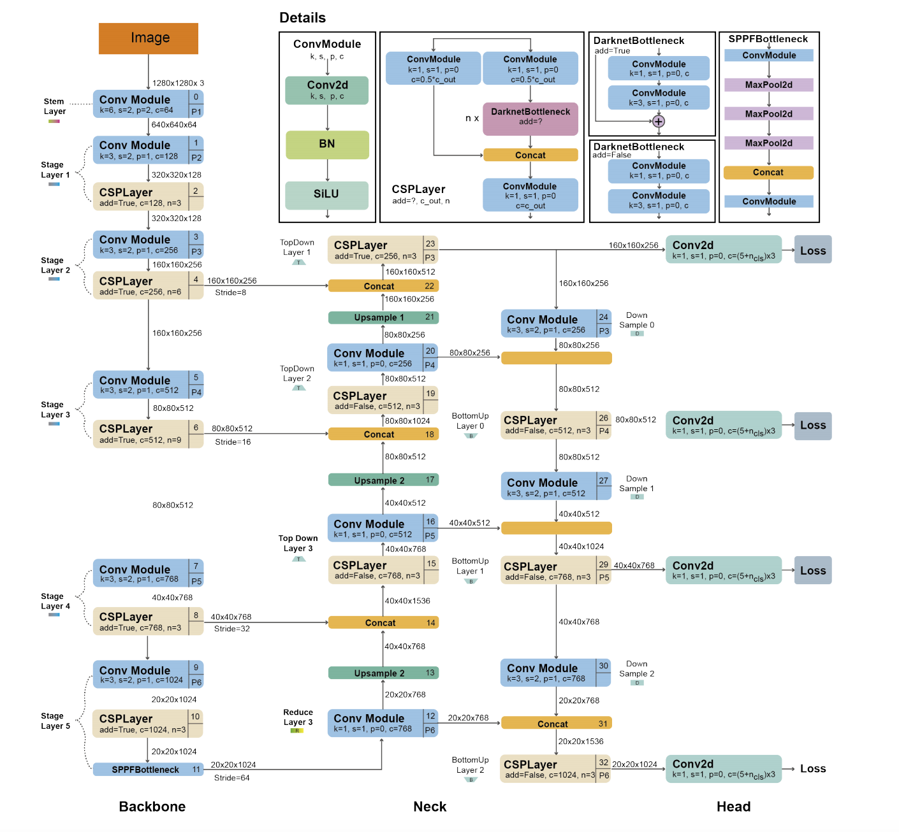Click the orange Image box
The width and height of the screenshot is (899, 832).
coord(149,38)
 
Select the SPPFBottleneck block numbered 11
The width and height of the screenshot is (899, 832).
coord(149,769)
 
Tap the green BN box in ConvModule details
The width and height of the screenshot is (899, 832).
coord(327,145)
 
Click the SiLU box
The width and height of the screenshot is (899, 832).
coord(327,195)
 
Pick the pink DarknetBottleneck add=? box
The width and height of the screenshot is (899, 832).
coord(530,119)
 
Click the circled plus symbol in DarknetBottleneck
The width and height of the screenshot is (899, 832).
coord(659,121)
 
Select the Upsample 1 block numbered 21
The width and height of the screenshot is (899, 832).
coord(383,318)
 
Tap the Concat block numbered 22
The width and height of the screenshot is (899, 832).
coord(383,286)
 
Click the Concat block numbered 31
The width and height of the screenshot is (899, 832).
coord(557,724)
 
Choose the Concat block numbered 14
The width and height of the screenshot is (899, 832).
coord(383,622)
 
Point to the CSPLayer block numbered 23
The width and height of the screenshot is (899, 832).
coord(383,250)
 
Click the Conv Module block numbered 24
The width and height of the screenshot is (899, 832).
coord(557,324)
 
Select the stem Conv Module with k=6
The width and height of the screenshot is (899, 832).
coord(149,104)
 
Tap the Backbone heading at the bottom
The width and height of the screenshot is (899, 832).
coord(152,807)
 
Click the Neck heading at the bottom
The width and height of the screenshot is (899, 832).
coord(430,807)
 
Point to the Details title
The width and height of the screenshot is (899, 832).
coord(302,18)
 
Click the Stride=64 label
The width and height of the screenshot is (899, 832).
coord(232,778)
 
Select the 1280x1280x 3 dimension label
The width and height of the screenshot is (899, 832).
coord(178,83)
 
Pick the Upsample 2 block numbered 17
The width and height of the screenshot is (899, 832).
coord(383,480)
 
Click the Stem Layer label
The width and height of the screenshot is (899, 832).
coord(54,106)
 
